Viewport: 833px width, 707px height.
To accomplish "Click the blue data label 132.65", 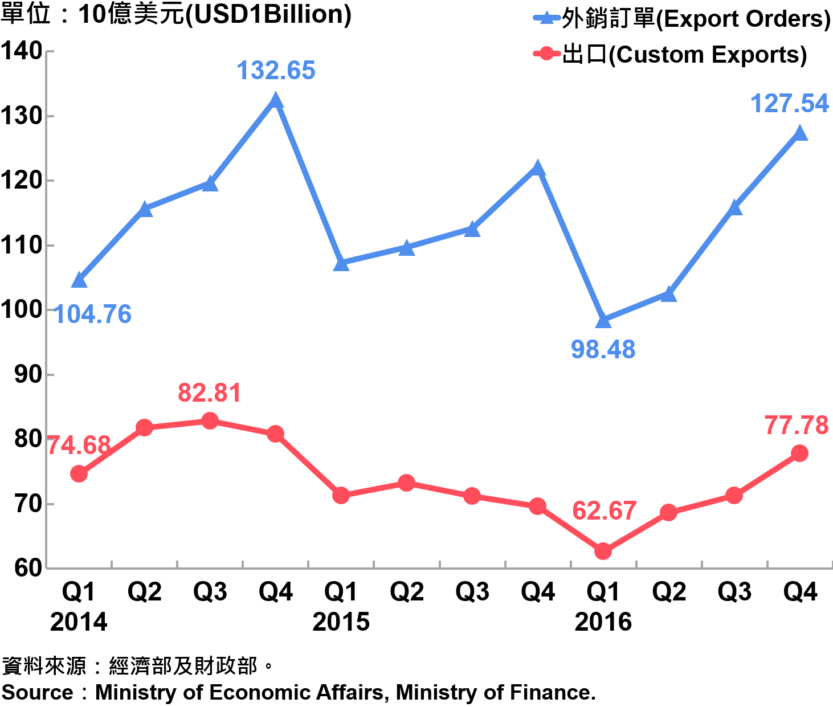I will click(276, 71).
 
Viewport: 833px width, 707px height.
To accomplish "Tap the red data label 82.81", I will click(210, 393).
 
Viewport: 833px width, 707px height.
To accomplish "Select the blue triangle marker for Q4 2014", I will click(276, 101).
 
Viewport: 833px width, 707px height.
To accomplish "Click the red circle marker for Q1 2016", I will click(603, 551).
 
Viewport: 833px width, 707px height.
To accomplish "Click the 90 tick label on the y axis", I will click(28, 374).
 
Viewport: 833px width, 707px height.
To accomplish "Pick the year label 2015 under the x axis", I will click(341, 622).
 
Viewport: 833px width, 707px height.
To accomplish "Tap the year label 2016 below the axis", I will click(603, 622).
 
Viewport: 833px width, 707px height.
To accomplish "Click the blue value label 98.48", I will click(603, 349).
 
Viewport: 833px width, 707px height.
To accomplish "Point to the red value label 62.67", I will click(604, 510).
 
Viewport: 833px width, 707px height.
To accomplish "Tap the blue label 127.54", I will click(790, 104).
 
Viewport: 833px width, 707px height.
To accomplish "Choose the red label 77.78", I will click(796, 425).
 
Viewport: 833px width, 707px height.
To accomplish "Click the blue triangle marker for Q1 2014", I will click(79, 280).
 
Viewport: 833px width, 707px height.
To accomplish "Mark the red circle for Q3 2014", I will click(210, 421).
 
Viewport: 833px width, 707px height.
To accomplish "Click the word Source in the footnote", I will click(38, 693).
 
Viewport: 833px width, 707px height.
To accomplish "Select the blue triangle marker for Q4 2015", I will click(537, 168).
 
